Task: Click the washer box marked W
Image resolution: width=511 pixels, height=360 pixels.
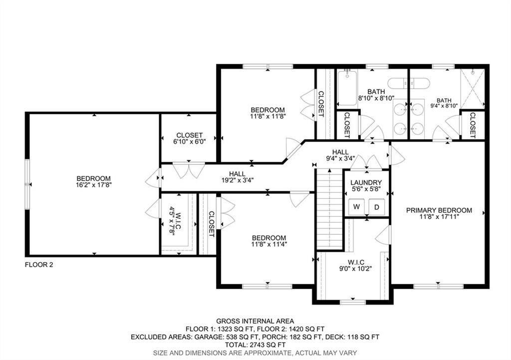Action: tap(357, 206)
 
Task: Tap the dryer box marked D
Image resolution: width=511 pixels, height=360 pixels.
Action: tap(377, 206)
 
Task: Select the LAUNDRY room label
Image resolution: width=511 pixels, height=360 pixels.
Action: tap(366, 183)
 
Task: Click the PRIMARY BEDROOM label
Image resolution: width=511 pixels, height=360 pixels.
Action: tap(439, 210)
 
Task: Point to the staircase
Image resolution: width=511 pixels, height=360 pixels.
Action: tap(329, 209)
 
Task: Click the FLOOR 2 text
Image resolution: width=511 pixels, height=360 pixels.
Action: tap(39, 265)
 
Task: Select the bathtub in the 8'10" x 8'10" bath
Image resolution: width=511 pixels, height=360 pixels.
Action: tap(347, 89)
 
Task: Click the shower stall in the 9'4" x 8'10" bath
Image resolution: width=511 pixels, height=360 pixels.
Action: tap(472, 88)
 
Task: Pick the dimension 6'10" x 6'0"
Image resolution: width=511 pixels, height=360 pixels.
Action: tap(189, 142)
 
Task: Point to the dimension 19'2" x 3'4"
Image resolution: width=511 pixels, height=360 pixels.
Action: tap(237, 180)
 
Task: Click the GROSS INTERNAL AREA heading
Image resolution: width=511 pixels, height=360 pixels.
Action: tap(255, 321)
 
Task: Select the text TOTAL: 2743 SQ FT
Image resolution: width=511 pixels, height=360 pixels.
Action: tap(255, 345)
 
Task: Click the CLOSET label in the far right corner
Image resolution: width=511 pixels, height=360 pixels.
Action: tap(473, 124)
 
